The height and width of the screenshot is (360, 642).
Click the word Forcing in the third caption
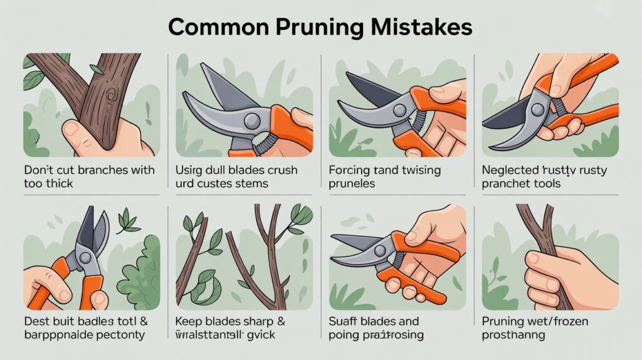point(349,170)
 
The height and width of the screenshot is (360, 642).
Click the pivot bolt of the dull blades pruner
point(253,120)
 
